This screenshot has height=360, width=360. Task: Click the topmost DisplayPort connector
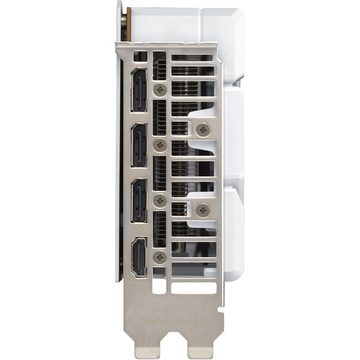click(139, 90)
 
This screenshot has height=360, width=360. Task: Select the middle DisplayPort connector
click(139, 146)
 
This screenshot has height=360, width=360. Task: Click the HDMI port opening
click(139, 257)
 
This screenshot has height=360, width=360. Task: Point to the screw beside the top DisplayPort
click(160, 89)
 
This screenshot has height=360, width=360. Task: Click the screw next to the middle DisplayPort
click(160, 145)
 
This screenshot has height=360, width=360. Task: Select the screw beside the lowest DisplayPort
click(160, 201)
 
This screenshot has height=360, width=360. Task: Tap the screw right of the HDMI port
click(160, 257)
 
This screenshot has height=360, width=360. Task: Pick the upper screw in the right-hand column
click(203, 128)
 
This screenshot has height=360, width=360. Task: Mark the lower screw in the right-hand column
click(203, 210)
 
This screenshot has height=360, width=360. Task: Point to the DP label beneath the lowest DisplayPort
click(139, 229)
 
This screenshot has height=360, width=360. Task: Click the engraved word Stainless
click(158, 322)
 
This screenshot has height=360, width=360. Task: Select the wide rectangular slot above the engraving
click(193, 287)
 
